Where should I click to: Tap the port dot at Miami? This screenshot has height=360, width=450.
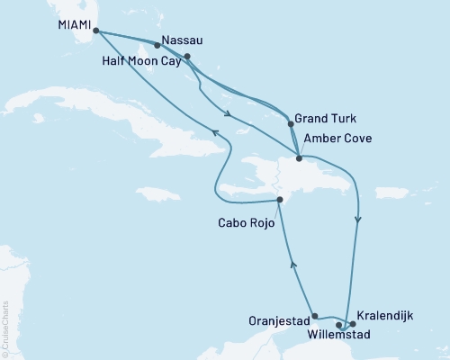coord(95,31)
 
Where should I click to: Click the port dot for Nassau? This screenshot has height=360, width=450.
coord(157,44)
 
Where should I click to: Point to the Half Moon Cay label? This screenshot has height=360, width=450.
coord(146,61)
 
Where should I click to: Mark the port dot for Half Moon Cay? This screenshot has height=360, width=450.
coord(187,57)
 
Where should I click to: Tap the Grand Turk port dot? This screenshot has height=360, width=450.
coord(290,124)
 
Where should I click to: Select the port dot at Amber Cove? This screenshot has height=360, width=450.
coord(299,158)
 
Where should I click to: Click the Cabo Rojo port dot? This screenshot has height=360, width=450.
coord(280,200)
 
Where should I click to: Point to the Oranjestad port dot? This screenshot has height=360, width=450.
coord(314,316)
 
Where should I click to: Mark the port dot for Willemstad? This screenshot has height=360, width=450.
coord(339,325)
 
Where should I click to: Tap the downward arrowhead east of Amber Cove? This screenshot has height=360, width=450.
coord(359,220)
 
